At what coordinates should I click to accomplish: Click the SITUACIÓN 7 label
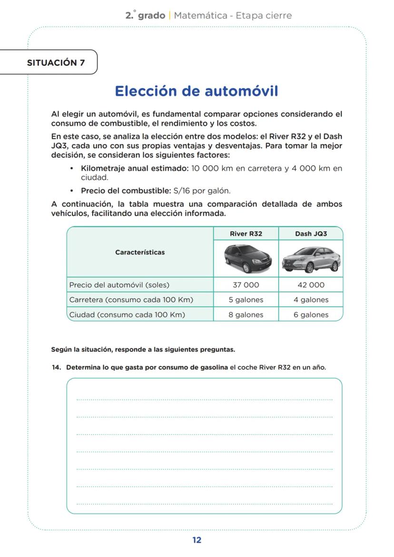coord(56,62)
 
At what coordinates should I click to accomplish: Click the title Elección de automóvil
coord(197,91)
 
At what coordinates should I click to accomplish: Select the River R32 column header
coord(246,234)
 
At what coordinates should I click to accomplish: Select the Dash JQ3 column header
coord(311,234)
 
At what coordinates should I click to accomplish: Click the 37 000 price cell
coord(246,285)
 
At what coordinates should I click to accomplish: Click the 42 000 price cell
coord(311,285)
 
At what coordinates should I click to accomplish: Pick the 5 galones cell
coord(246,300)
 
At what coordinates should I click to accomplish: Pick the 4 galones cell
coord(311,300)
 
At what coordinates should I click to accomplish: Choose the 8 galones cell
coord(246,314)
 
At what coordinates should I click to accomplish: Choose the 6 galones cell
coord(311,314)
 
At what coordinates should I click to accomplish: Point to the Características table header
coord(140,252)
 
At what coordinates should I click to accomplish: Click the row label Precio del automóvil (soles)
coord(119,285)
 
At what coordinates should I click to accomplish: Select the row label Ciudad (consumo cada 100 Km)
coord(127,314)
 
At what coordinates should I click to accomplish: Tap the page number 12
coord(197,540)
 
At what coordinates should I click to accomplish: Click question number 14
coord(56,367)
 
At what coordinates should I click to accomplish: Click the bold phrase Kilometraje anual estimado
coord(135,168)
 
